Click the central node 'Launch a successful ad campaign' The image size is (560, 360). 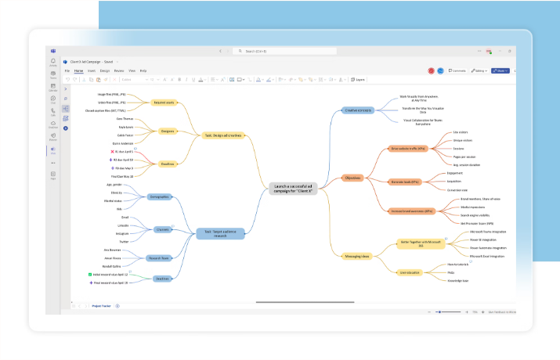(293, 188)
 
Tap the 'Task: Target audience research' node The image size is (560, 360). (221, 232)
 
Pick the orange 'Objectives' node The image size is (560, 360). (353, 178)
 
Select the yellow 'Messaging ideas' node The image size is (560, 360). (357, 256)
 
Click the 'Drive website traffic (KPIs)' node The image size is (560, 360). (408, 148)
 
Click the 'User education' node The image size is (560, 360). (410, 272)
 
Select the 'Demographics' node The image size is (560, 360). (160, 196)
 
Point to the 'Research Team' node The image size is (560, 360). (160, 257)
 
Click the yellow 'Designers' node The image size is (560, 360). (167, 131)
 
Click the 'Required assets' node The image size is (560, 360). (164, 103)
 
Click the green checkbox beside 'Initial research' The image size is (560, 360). (90, 275)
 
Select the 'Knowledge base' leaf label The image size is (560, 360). (458, 280)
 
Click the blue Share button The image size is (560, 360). (501, 70)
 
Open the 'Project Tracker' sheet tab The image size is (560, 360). (102, 306)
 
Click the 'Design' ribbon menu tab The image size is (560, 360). (105, 70)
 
